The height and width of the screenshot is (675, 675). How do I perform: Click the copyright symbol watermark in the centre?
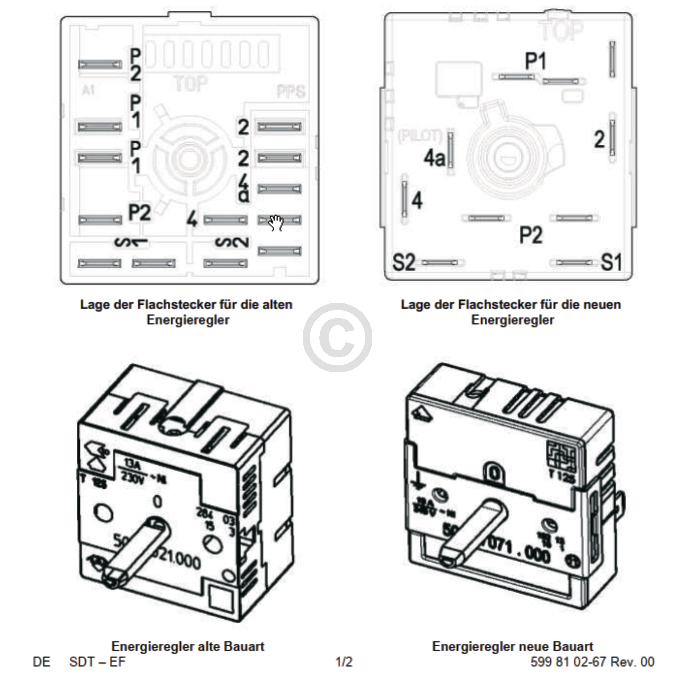tap(337, 337)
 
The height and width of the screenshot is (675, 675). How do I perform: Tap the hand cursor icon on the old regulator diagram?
tap(276, 222)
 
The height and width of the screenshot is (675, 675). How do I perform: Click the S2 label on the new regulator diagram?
tap(404, 262)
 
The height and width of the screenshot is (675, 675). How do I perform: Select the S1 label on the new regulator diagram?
tap(611, 262)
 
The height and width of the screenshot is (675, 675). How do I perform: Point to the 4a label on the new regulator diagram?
tap(434, 159)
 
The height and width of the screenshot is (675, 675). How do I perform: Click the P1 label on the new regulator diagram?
tap(535, 62)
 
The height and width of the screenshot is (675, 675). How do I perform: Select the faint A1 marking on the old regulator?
tap(88, 90)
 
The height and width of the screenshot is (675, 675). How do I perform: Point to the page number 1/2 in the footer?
tap(344, 662)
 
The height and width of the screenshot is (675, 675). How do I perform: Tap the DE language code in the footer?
tap(41, 662)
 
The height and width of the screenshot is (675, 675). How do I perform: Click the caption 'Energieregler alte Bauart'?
tap(188, 646)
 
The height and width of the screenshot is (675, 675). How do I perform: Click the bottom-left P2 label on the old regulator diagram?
tap(139, 212)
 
